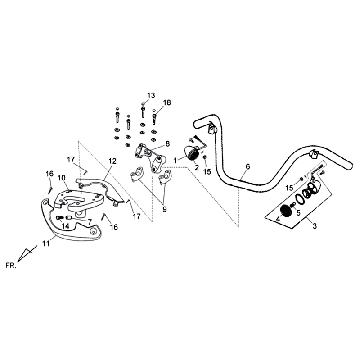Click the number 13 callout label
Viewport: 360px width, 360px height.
click(x=151, y=94)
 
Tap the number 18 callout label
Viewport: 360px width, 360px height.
click(x=167, y=102)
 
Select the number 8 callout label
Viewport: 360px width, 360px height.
click(x=168, y=144)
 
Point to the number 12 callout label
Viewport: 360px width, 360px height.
click(x=112, y=161)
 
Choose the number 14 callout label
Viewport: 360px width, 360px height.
click(x=65, y=227)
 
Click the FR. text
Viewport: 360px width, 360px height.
click(x=10, y=267)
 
